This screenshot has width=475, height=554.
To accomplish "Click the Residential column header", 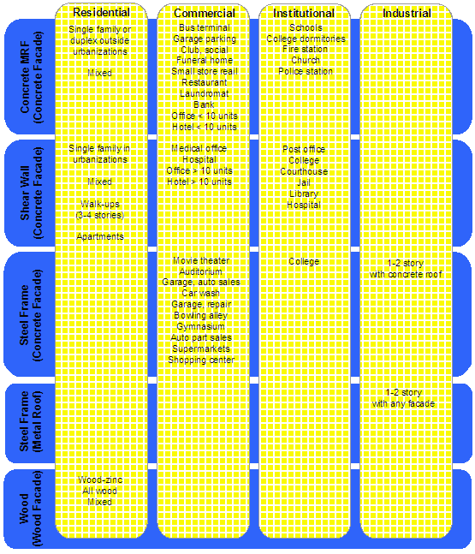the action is (x=101, y=12).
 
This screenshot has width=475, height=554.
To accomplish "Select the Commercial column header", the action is (x=205, y=13).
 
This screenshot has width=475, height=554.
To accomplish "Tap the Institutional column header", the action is (x=304, y=13).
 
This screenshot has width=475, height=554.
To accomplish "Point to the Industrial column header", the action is (x=407, y=13).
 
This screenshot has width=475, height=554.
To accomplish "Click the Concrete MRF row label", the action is (x=31, y=77).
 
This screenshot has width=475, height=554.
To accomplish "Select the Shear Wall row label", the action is (x=31, y=193).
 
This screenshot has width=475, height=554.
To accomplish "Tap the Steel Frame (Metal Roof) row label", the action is (x=30, y=421).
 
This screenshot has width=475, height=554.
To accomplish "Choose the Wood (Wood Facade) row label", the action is (x=30, y=509).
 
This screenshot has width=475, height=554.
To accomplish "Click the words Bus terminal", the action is (x=205, y=27).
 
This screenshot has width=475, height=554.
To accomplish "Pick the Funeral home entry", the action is (x=205, y=61).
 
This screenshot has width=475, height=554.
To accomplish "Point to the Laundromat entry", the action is (x=205, y=93).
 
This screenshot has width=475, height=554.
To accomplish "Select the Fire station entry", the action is (x=306, y=49).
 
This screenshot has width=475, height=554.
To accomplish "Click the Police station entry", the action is (x=306, y=71).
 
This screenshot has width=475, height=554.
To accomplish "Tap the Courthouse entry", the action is (x=304, y=172).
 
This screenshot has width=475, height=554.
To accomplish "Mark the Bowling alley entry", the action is (x=201, y=315).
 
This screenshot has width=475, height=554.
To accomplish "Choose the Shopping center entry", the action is (x=201, y=360).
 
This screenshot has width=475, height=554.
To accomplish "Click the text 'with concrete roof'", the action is (x=406, y=275).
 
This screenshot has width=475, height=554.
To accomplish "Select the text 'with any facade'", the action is (x=403, y=404).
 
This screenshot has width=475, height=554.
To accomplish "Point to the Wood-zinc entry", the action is (x=100, y=480).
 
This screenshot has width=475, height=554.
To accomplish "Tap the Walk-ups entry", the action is (x=100, y=204).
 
